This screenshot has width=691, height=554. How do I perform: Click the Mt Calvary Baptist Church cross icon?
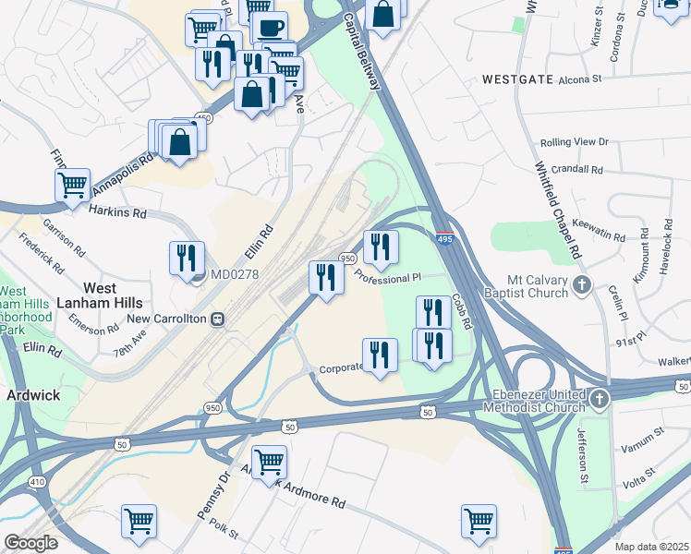click(x=582, y=284)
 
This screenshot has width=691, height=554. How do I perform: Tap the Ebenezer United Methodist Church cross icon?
click(x=600, y=400)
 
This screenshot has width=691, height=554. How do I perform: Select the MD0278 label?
click(x=234, y=274)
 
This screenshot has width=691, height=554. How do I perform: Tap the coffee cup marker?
click(x=269, y=28)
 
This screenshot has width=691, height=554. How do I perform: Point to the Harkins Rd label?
click(x=118, y=212)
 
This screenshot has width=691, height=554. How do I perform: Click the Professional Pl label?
click(x=388, y=277)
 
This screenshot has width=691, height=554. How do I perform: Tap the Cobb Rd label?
click(x=462, y=312)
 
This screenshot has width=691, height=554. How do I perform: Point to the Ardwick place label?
click(x=32, y=394)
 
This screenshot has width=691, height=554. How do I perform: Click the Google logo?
click(x=30, y=543)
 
